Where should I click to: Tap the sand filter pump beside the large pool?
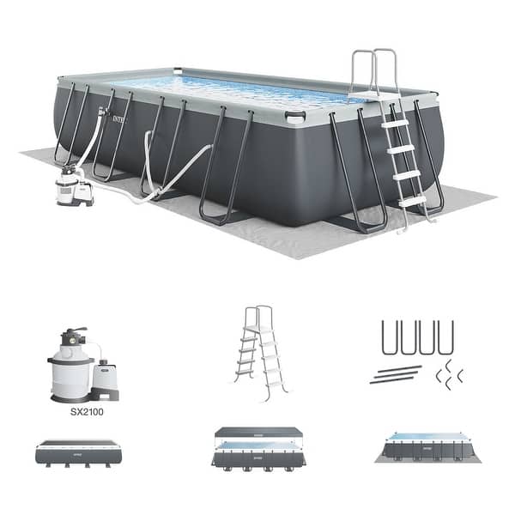pos(74,185)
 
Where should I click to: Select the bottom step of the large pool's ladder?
pos(412,201)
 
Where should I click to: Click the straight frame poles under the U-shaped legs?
pos(396,374)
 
